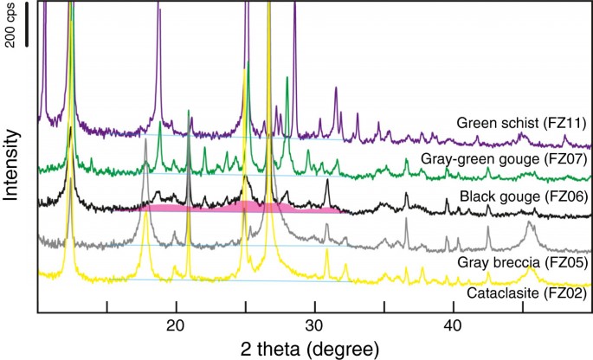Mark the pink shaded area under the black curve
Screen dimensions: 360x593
pos(242,208)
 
